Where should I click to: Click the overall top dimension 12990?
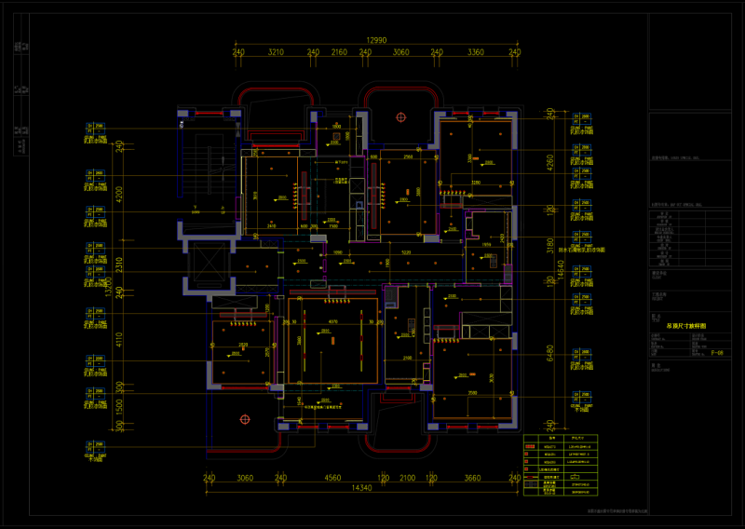[x=376, y=40]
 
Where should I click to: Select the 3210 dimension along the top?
[x=276, y=53]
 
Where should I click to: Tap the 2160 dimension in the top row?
[x=339, y=53]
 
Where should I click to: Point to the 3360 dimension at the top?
[x=475, y=53]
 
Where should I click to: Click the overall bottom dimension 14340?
[x=361, y=488]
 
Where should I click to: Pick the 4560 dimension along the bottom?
[x=332, y=477]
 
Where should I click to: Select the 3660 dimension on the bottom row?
[x=472, y=477]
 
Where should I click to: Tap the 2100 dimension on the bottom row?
[x=407, y=477]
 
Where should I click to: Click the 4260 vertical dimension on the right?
[x=549, y=168]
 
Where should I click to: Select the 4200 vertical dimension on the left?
[x=119, y=195]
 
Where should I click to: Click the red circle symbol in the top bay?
[x=400, y=117]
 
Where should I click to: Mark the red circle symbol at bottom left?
[x=245, y=420]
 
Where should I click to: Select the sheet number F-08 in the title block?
[x=717, y=353]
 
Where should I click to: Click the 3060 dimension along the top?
[x=400, y=53]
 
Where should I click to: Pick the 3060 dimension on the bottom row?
[x=245, y=477]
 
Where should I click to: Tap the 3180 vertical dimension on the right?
[x=549, y=245]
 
